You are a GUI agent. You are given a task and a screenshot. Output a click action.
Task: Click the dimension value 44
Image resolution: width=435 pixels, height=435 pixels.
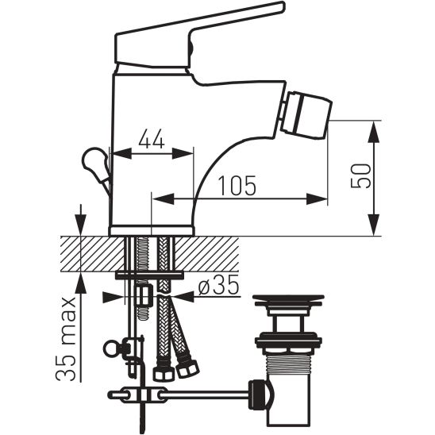pyautogui.click(x=151, y=140)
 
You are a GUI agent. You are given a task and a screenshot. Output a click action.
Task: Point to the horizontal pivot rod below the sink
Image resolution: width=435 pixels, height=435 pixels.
pyautogui.click(x=206, y=391)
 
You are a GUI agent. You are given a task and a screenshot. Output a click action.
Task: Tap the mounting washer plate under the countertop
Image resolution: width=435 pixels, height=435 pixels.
pyautogui.click(x=148, y=275)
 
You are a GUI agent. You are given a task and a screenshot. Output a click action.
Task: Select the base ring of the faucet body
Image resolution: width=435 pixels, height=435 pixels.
pyautogui.click(x=151, y=230)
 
